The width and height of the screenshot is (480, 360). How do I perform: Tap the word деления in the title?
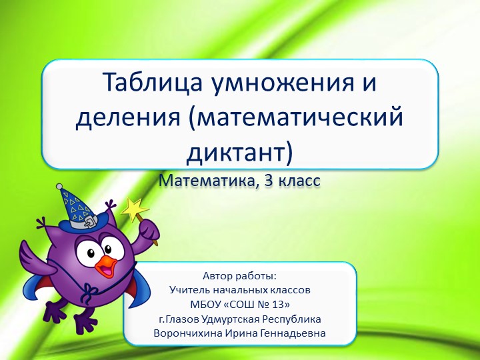click(x=125, y=118)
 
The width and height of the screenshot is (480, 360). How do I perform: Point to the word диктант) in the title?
click(x=239, y=153)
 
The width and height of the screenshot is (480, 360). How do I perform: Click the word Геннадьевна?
click(x=293, y=333)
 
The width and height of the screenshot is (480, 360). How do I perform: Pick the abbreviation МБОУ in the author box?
click(x=208, y=305)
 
